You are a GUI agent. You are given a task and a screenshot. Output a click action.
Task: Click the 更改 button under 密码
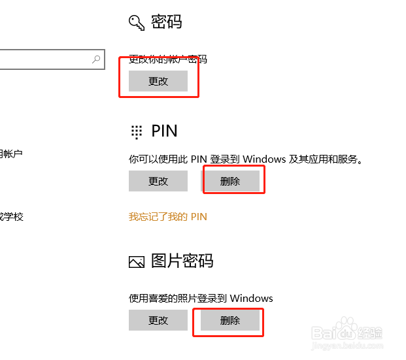(x=158, y=81)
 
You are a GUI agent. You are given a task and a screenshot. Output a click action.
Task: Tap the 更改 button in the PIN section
(x=158, y=181)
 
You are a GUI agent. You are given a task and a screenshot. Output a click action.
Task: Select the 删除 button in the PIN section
(x=230, y=181)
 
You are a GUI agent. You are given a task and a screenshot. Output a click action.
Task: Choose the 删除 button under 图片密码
(x=230, y=320)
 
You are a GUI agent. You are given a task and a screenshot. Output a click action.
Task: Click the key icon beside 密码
(x=136, y=23)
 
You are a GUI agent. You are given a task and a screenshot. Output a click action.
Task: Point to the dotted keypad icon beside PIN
(x=136, y=131)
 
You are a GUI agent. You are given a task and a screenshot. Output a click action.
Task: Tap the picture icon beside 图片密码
(x=136, y=262)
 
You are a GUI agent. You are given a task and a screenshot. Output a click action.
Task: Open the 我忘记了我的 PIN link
(x=168, y=216)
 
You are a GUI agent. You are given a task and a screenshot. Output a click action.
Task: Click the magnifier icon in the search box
(x=96, y=59)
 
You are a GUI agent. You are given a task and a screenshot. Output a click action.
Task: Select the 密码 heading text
(x=166, y=22)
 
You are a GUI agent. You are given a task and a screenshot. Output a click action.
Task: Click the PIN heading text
(x=164, y=131)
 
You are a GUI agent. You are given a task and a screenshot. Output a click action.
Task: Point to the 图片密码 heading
(x=182, y=261)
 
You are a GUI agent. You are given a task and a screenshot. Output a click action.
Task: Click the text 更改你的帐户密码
(x=168, y=59)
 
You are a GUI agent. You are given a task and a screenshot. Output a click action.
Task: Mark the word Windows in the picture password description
(x=251, y=299)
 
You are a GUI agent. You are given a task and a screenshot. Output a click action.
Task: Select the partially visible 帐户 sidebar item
(x=12, y=154)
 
